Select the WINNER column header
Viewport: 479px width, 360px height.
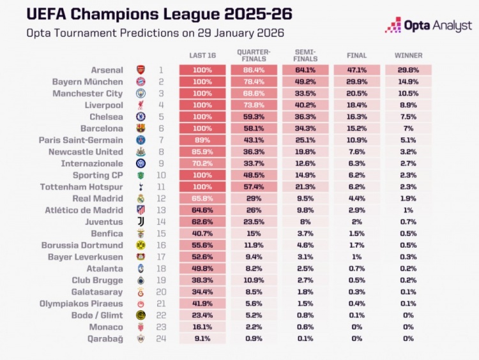408,56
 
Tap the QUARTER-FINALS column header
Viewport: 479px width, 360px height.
254,55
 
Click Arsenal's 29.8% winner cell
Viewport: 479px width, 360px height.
408,70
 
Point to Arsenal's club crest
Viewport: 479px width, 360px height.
141,70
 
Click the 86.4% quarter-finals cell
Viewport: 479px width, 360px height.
254,70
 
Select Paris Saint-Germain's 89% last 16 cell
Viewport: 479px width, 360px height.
202,140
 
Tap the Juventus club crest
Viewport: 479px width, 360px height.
141,221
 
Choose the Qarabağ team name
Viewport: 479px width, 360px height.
105,338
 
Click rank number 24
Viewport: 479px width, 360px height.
162,338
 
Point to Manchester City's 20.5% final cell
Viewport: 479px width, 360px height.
356,93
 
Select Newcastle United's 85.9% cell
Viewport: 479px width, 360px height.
202,152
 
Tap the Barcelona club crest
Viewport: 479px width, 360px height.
141,128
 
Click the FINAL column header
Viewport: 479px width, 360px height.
356,56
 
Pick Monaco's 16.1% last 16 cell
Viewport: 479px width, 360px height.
202,326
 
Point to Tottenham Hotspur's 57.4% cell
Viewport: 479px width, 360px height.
254,186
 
